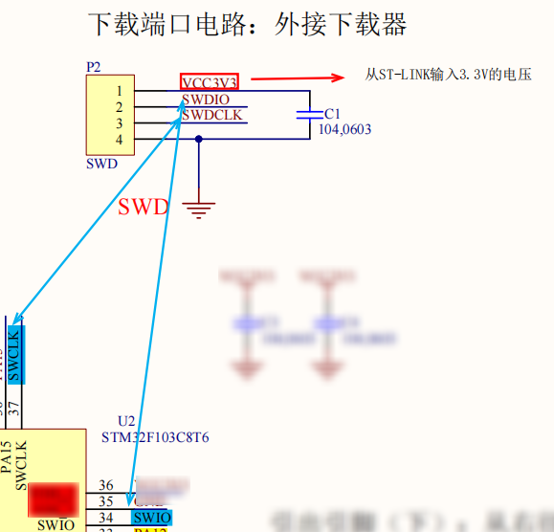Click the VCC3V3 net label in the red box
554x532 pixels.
pos(209,81)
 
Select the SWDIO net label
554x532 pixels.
pos(205,99)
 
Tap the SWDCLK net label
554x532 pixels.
pos(211,116)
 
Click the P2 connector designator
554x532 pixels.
pos(94,67)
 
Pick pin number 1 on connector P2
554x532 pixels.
pos(119,91)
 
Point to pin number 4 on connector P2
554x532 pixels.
pos(119,140)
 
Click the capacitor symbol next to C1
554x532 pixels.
pos(309,114)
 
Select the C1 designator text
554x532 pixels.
pos(332,113)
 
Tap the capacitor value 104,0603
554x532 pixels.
pos(344,129)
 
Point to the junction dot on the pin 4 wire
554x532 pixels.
pos(199,139)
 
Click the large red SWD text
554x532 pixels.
pos(144,207)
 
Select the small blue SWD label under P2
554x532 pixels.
pos(101,164)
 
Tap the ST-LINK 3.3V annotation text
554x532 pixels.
pos(448,74)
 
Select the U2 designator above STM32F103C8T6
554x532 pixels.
pos(126,421)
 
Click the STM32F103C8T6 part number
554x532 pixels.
pos(155,437)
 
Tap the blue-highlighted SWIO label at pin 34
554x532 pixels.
pos(152,519)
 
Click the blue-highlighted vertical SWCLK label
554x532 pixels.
pos(14,354)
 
